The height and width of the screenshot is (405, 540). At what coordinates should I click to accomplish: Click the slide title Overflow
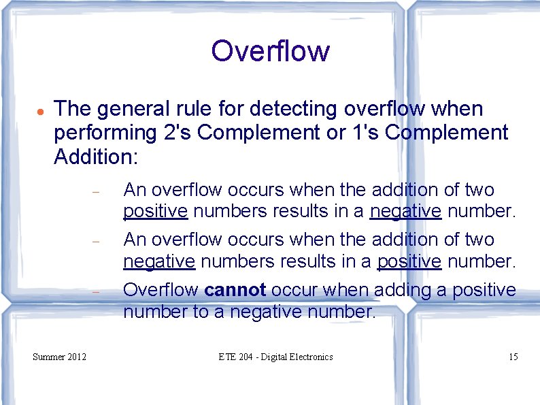pyautogui.click(x=270, y=51)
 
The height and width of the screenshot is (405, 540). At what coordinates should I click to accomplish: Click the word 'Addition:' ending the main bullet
pyautogui.click(x=96, y=158)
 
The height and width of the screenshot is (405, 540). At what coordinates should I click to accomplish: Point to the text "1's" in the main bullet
pyautogui.click(x=367, y=133)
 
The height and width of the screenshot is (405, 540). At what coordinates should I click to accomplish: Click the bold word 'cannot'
pyautogui.click(x=235, y=290)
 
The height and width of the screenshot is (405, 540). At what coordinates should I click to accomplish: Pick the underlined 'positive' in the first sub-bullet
pyautogui.click(x=155, y=212)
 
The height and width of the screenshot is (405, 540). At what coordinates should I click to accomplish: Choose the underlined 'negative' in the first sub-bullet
pyautogui.click(x=405, y=212)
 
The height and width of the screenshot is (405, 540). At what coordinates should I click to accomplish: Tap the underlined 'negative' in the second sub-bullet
pyautogui.click(x=159, y=261)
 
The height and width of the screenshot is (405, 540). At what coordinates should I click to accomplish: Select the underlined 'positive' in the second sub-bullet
pyautogui.click(x=409, y=261)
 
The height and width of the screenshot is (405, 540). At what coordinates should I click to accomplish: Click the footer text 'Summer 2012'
pyautogui.click(x=60, y=357)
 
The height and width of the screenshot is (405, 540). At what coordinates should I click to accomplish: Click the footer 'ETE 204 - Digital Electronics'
pyautogui.click(x=275, y=357)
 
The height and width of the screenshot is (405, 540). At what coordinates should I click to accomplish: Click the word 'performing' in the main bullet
pyautogui.click(x=105, y=133)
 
